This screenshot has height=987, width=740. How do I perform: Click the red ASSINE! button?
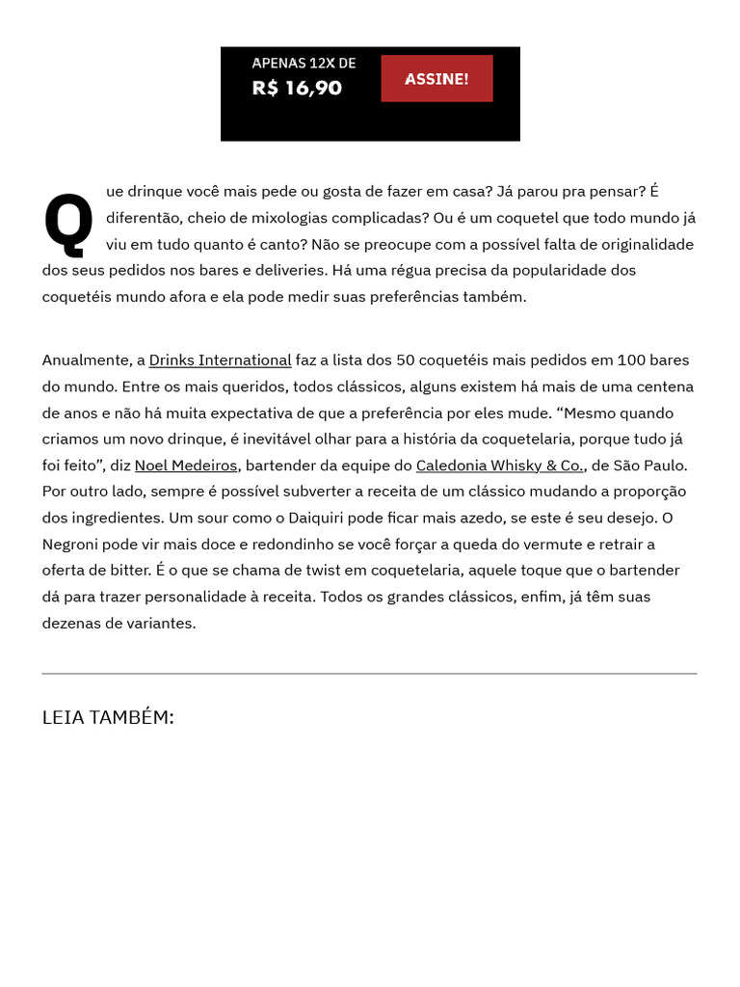436,78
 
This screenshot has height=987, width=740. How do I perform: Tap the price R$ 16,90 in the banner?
297,88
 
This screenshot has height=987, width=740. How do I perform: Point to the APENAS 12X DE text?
304,63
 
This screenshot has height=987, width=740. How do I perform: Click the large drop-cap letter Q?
68,221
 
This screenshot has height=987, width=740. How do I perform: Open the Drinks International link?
220,360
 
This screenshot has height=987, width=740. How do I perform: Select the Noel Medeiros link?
186,465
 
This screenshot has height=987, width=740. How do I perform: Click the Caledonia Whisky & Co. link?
500,465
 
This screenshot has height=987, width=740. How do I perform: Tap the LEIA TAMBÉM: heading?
108,717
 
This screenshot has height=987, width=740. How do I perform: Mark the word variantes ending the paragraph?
161,623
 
